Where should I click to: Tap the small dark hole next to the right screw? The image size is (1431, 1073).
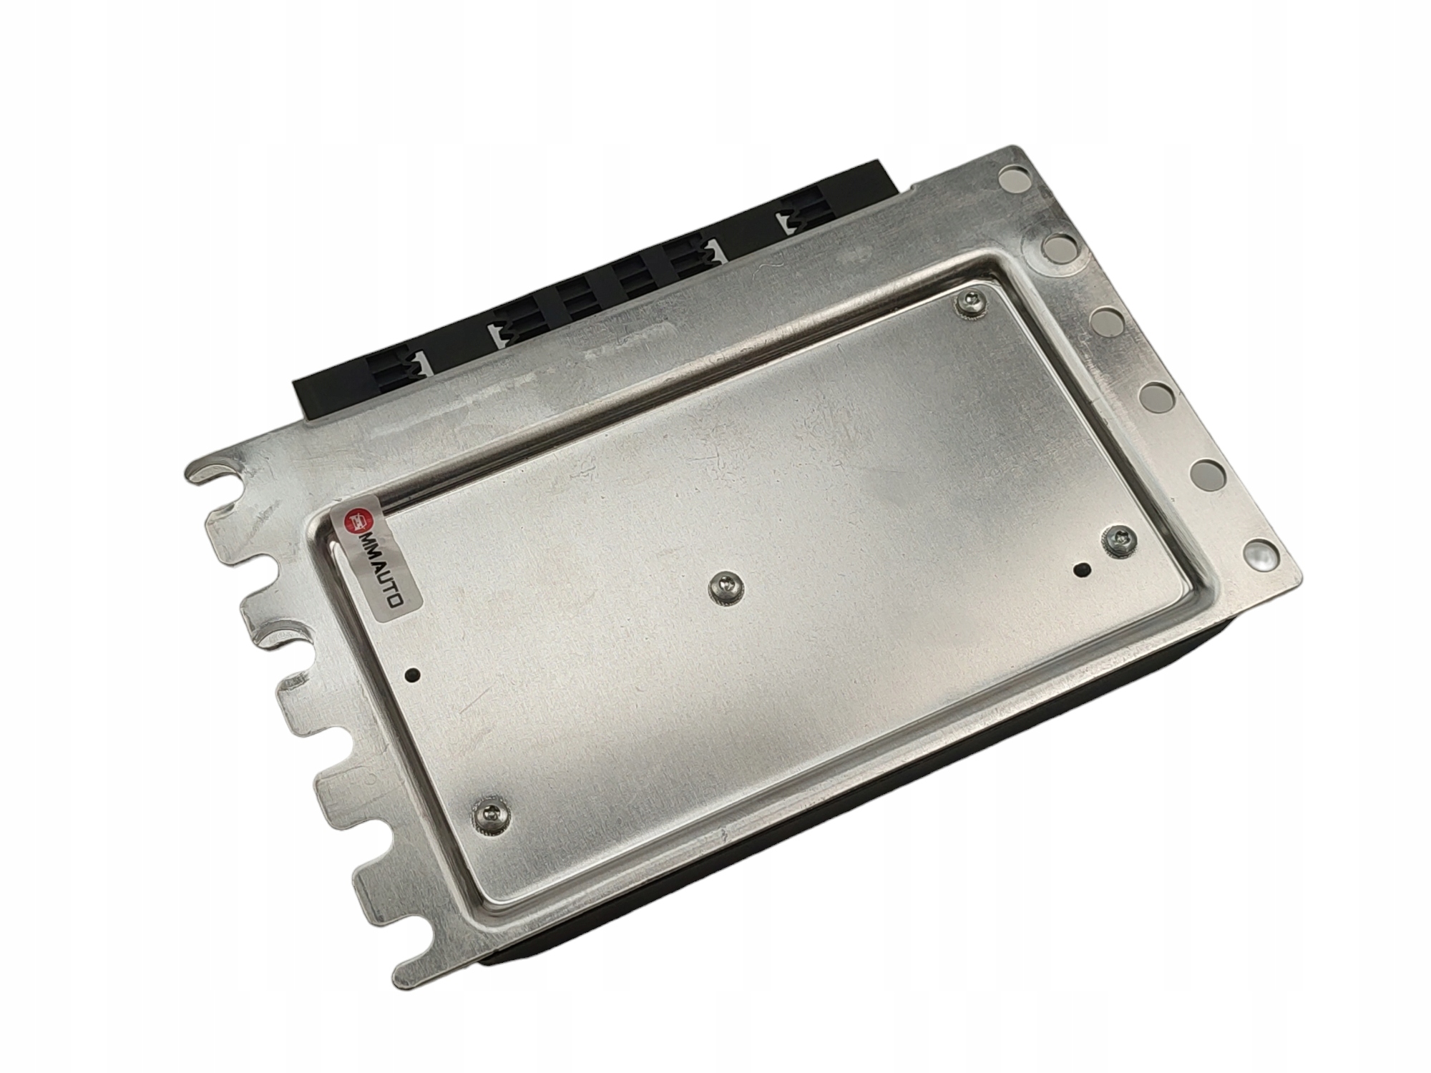(1082, 570)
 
